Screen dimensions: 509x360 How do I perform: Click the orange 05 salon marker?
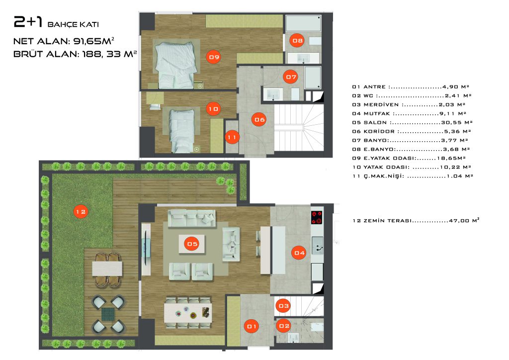pos(192,244)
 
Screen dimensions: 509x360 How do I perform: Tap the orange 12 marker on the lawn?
pos(81,212)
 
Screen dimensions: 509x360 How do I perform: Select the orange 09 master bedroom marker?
pos(214,57)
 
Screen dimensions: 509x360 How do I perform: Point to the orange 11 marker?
pos(232,137)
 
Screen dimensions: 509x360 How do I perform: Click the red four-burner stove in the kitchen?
pos(317,217)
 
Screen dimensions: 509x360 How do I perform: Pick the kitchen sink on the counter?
pos(318,246)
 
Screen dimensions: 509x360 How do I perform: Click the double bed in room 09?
pos(175,65)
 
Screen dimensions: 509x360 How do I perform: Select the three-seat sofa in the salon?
pos(191,217)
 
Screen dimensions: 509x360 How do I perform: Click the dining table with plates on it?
pos(188,312)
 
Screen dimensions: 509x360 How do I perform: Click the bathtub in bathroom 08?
pos(303,23)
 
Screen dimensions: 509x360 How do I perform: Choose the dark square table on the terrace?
pos(108,314)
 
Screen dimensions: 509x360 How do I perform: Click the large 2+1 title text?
pos(28,22)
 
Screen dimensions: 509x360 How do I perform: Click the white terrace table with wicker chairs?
pos(107,269)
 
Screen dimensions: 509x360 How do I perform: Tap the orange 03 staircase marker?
pos(283,306)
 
